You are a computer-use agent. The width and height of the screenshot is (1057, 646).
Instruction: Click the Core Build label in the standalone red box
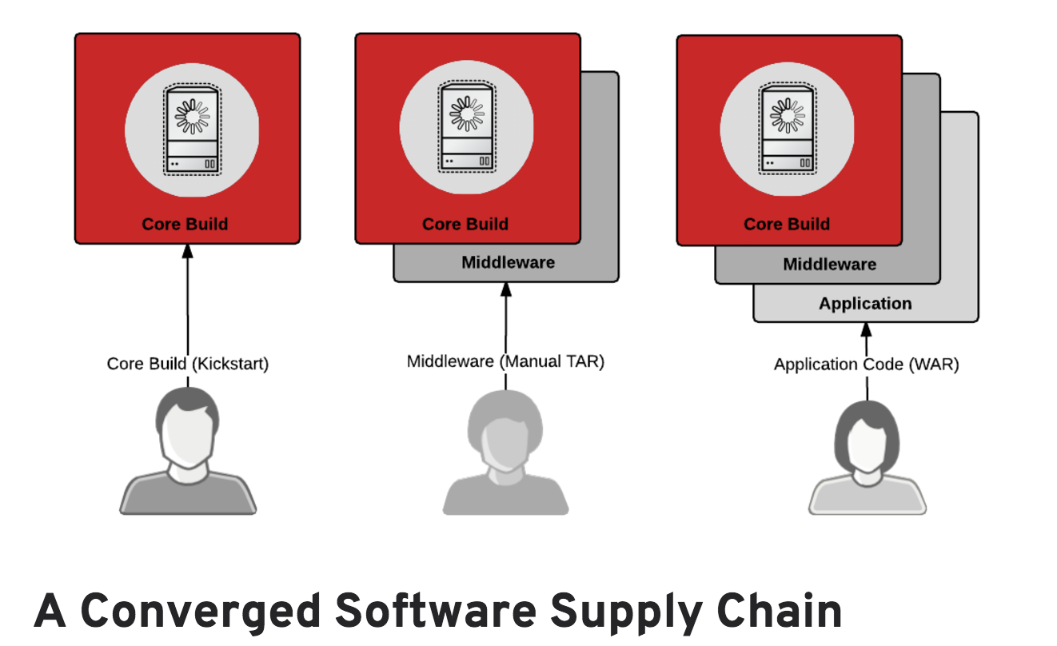185,224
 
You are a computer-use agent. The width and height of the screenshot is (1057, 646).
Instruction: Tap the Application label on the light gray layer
865,304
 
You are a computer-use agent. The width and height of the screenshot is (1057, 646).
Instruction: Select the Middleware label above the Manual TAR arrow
508,262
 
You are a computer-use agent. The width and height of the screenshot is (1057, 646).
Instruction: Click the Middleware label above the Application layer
830,264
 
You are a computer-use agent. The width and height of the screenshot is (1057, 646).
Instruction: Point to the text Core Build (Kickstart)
188,364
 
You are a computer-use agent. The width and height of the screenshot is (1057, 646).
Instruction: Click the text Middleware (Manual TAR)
505,361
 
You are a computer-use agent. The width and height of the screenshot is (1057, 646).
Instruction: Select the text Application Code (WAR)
866,365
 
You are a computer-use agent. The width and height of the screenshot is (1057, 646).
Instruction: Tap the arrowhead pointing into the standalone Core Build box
188,250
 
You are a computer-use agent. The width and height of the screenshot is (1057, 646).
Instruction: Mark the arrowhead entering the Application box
866,329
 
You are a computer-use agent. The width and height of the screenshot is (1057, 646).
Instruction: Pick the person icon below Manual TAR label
505,456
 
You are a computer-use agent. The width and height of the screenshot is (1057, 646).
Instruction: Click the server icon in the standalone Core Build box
192,130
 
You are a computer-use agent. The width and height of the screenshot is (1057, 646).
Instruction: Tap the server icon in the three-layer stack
788,130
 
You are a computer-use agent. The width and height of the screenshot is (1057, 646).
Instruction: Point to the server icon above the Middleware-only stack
466,130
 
